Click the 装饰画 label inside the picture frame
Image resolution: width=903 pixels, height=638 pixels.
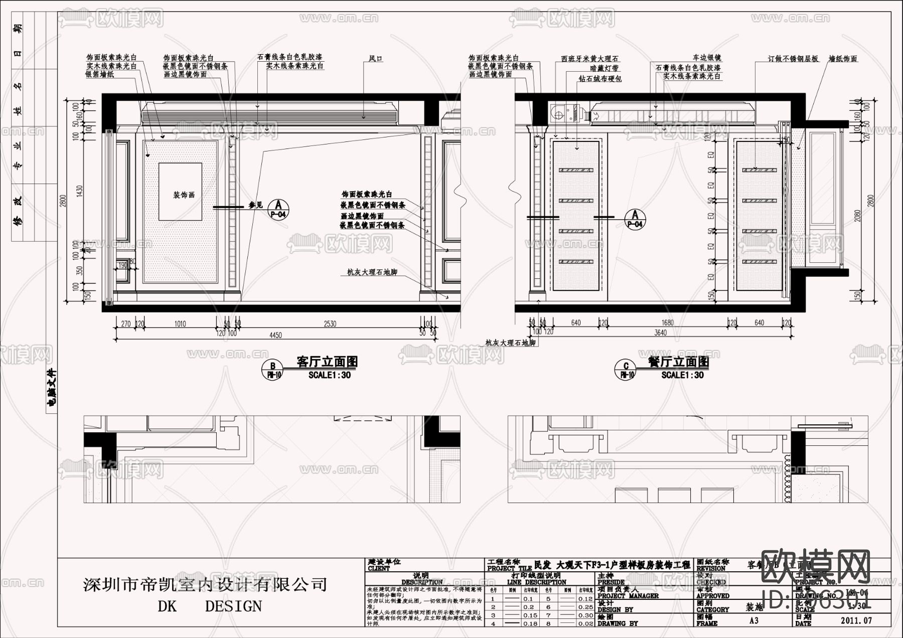[x=184, y=195]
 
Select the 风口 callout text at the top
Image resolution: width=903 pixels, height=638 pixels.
[x=376, y=59]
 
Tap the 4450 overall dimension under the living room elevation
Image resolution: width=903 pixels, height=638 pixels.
[x=275, y=335]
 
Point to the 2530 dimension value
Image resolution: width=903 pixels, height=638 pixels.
[x=330, y=324]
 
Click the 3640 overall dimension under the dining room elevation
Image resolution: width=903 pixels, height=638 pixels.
[x=660, y=333]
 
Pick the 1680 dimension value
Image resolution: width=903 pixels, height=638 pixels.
[x=667, y=323]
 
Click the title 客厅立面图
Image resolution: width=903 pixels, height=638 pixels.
[x=327, y=362]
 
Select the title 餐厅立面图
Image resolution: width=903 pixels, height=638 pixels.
[x=678, y=362]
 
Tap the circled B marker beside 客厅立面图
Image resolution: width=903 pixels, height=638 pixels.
[x=273, y=370]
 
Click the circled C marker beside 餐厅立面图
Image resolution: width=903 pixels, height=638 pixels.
[x=626, y=370]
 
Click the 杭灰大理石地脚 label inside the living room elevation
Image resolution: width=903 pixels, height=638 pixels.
[x=372, y=272]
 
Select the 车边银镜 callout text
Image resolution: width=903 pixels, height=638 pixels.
[x=706, y=58]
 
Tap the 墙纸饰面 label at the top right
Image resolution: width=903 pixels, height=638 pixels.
[x=843, y=59]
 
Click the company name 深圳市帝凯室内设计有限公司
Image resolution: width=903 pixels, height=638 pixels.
[x=205, y=584]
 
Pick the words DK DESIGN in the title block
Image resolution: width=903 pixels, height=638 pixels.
[x=210, y=606]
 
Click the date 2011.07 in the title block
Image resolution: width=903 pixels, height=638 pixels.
[x=856, y=620]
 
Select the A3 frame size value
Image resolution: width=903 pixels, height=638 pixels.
[x=754, y=620]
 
